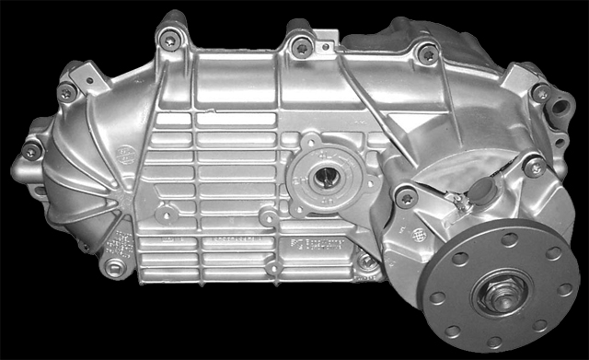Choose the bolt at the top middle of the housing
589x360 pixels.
click(x=299, y=44)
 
